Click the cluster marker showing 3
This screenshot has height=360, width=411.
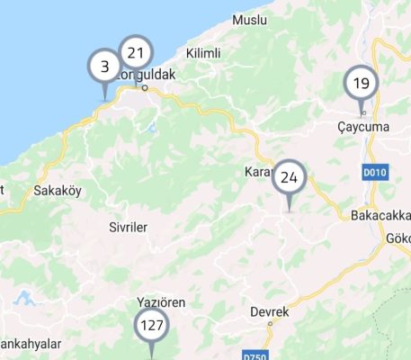tap(104, 67)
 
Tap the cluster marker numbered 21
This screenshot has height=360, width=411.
tap(136, 52)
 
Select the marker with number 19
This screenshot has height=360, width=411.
tap(362, 85)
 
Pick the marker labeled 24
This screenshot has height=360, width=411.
tap(289, 177)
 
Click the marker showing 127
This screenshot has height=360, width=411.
tap(150, 326)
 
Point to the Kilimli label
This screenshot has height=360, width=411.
tap(204, 54)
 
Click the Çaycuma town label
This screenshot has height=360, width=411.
tap(362, 127)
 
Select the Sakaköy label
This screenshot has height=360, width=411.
tap(57, 191)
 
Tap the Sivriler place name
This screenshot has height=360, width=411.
tap(128, 227)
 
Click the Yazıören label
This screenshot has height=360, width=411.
tap(160, 302)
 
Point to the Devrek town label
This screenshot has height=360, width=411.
tap(270, 311)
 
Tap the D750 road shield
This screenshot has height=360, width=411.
tap(255, 356)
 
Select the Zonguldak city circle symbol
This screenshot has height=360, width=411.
tap(144, 87)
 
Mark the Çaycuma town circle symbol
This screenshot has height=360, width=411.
tap(362, 113)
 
